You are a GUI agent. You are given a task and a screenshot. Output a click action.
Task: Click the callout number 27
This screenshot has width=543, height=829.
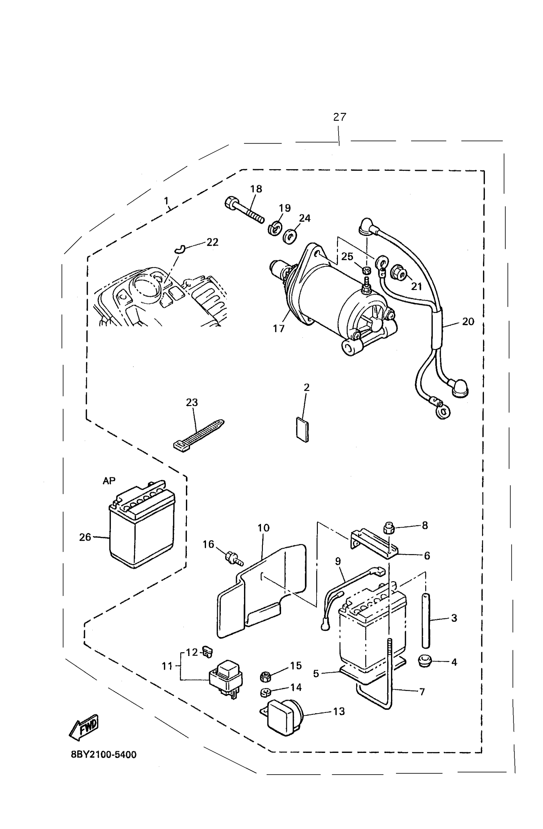click(x=339, y=117)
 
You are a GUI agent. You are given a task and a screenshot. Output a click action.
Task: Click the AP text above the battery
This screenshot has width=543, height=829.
click(x=109, y=481)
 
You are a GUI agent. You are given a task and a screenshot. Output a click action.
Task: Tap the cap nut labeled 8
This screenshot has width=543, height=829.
click(x=388, y=528)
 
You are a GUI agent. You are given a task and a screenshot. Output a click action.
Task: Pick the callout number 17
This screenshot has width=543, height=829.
click(x=279, y=328)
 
